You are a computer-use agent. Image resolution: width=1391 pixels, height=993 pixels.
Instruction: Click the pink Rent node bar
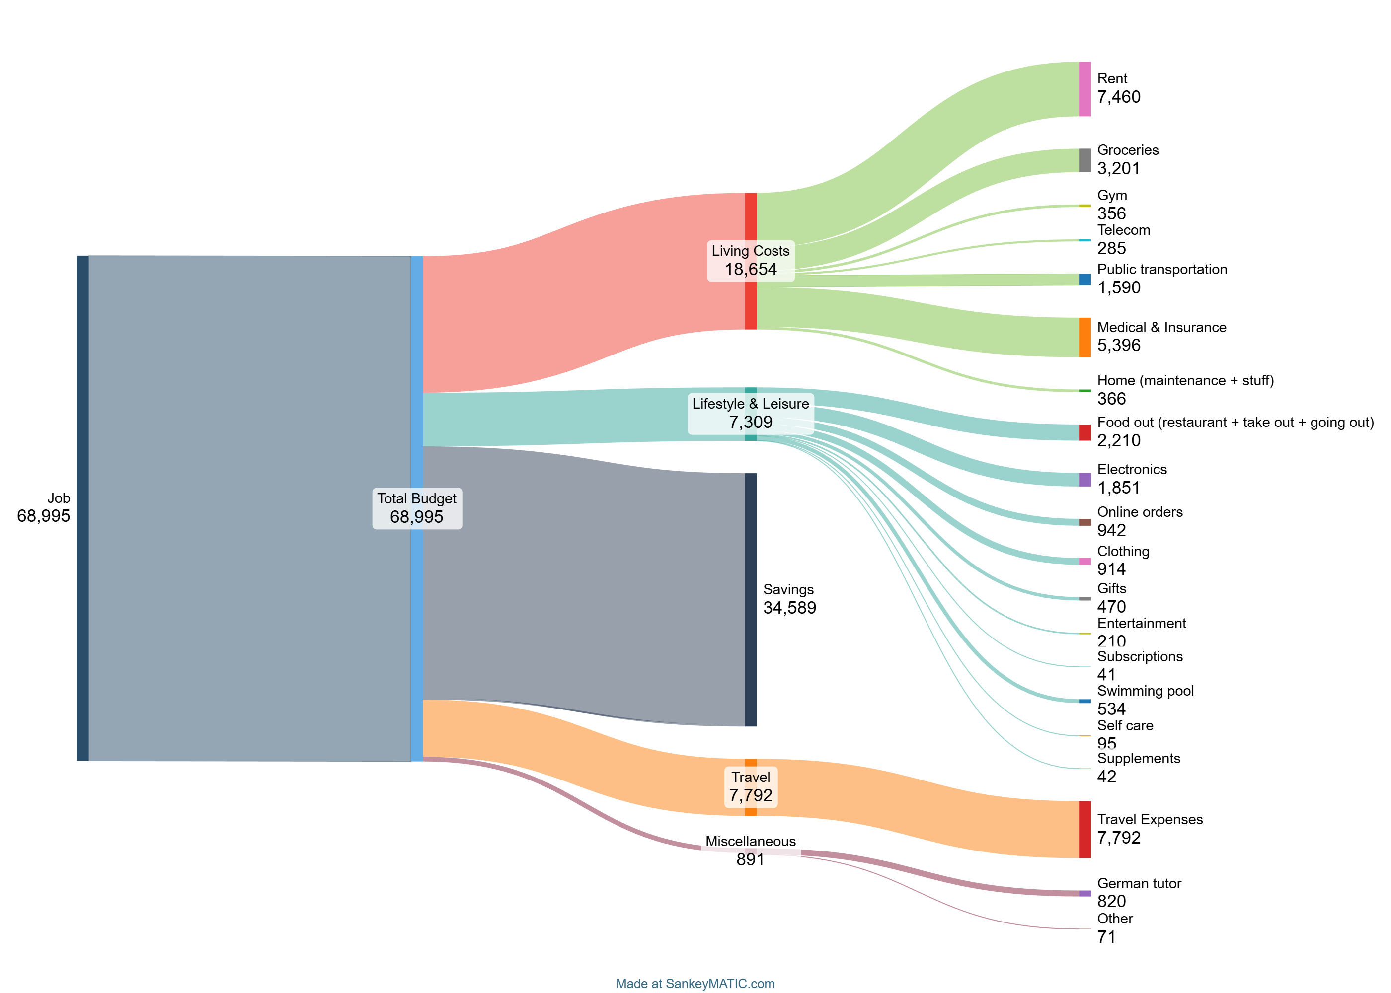pyautogui.click(x=1084, y=89)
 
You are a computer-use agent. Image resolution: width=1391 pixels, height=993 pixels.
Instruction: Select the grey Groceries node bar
pyautogui.click(x=1084, y=160)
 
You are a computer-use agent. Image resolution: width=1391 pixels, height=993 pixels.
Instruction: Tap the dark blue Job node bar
pyautogui.click(x=82, y=507)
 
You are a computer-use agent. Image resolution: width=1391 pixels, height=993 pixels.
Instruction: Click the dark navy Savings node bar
pyautogui.click(x=751, y=599)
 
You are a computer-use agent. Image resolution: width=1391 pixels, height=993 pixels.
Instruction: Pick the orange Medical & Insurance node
pyautogui.click(x=1084, y=337)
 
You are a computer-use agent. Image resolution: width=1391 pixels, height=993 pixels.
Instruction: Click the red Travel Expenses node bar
pyautogui.click(x=1084, y=829)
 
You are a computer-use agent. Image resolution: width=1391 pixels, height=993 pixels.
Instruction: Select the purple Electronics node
pyautogui.click(x=1084, y=480)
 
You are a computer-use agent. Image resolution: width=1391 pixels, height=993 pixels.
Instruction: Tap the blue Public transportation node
pyautogui.click(x=1084, y=280)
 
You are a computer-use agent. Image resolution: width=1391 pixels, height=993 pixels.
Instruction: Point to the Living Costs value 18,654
pyautogui.click(x=751, y=270)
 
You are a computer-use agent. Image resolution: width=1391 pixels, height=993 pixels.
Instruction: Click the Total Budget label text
pyautogui.click(x=417, y=498)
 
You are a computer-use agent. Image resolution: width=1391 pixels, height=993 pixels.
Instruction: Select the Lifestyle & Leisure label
pyautogui.click(x=751, y=404)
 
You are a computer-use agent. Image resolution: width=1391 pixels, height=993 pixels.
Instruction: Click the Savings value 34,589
pyautogui.click(x=789, y=608)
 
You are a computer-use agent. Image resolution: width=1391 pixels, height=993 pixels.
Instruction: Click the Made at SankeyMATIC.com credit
pyautogui.click(x=695, y=983)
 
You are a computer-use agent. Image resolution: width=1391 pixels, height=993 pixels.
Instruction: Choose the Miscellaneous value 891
pyautogui.click(x=751, y=860)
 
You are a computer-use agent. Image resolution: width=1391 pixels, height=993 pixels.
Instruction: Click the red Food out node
pyautogui.click(x=1084, y=432)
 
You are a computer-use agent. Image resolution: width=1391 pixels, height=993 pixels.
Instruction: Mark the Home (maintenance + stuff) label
pyautogui.click(x=1185, y=380)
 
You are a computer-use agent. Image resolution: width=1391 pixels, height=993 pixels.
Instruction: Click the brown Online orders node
pyautogui.click(x=1084, y=522)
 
